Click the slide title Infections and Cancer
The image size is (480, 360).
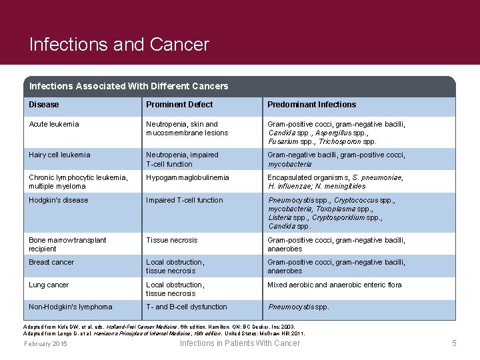(119, 45)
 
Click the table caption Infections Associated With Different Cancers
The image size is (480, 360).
(129, 86)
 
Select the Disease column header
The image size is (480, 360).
(44, 105)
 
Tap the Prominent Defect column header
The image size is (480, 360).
(179, 105)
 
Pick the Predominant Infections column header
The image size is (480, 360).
(311, 105)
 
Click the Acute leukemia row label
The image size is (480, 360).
(54, 124)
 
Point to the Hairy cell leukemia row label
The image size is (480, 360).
(59, 155)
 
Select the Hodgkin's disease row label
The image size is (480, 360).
(59, 200)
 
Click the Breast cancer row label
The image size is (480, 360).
(51, 262)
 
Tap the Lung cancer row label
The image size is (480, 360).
(49, 285)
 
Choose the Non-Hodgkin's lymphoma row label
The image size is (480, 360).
(71, 307)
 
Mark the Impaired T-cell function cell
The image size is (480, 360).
(185, 200)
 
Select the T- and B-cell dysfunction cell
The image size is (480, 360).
(187, 307)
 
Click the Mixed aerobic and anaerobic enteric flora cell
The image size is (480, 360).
(335, 285)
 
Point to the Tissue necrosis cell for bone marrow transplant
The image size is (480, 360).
(172, 240)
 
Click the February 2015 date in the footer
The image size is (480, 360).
(45, 344)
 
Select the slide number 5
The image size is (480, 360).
(454, 343)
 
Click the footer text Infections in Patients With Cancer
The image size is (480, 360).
(240, 343)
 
